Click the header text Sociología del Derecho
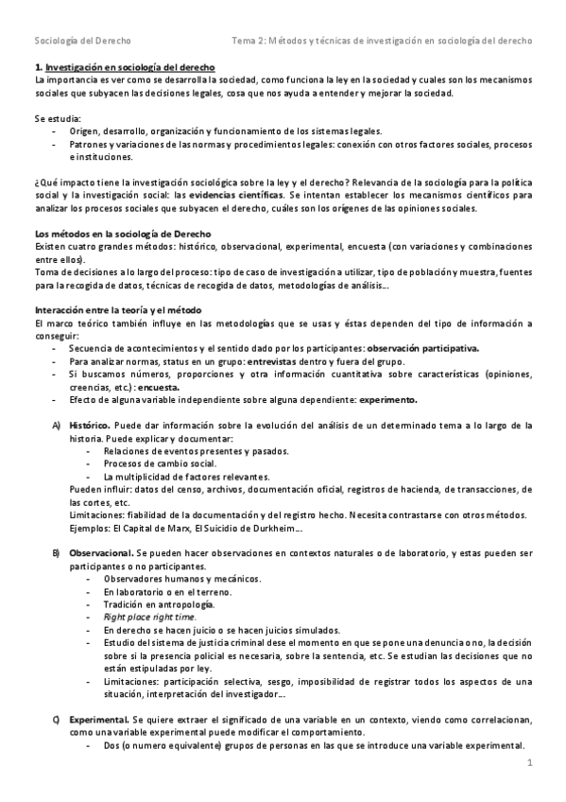[x=82, y=42]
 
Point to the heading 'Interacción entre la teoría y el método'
[x=120, y=310]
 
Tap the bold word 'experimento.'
[x=387, y=399]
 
